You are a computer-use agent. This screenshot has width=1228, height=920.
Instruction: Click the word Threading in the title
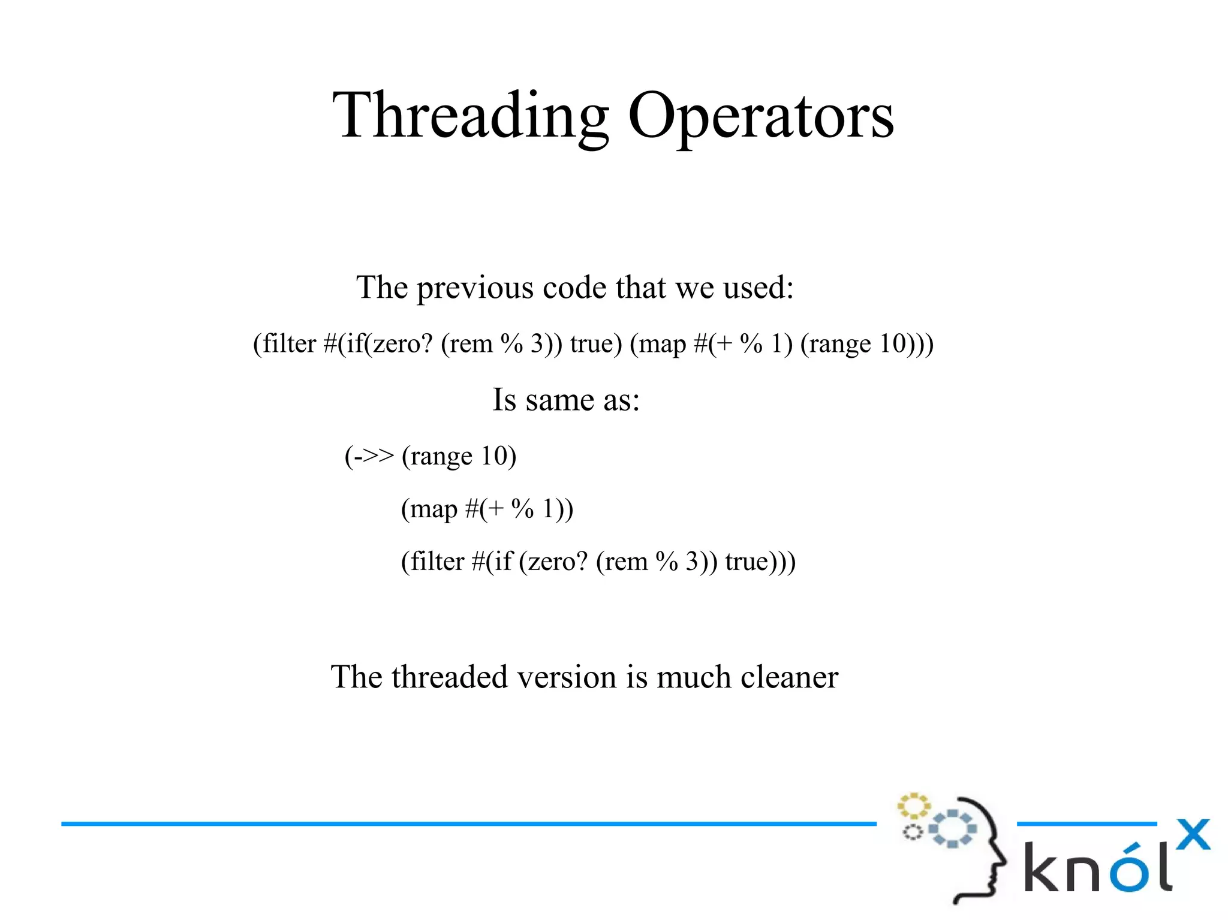[x=471, y=116]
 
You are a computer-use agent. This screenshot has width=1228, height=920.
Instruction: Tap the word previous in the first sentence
[x=475, y=288]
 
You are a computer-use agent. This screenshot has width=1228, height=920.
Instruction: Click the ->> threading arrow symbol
[x=373, y=456]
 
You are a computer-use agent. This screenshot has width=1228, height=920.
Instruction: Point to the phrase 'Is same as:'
[x=566, y=400]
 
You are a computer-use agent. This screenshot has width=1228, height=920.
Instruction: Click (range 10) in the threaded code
[x=459, y=457]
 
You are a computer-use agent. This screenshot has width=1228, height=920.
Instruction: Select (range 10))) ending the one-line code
[x=866, y=344]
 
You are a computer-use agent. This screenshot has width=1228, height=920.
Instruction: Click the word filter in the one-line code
[x=289, y=344]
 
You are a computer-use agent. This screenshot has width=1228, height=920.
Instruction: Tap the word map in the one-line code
[x=662, y=344]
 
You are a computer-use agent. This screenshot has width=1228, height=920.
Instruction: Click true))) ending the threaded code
[x=760, y=562]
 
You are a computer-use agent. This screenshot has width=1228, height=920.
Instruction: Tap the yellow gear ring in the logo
[x=913, y=806]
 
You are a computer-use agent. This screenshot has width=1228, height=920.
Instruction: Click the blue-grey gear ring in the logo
[x=953, y=828]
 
